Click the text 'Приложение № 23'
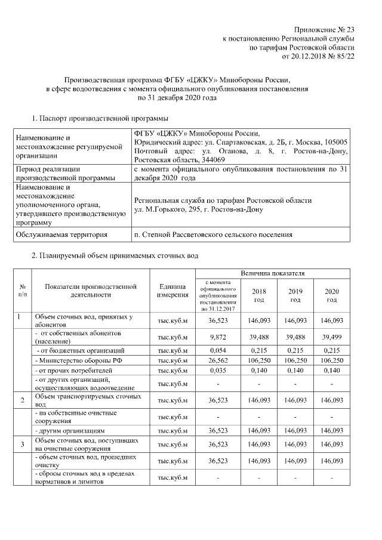[325, 29]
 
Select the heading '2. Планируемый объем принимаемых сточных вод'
[114, 256]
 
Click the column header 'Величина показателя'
[273, 273]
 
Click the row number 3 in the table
[22, 444]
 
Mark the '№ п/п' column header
[22, 291]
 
